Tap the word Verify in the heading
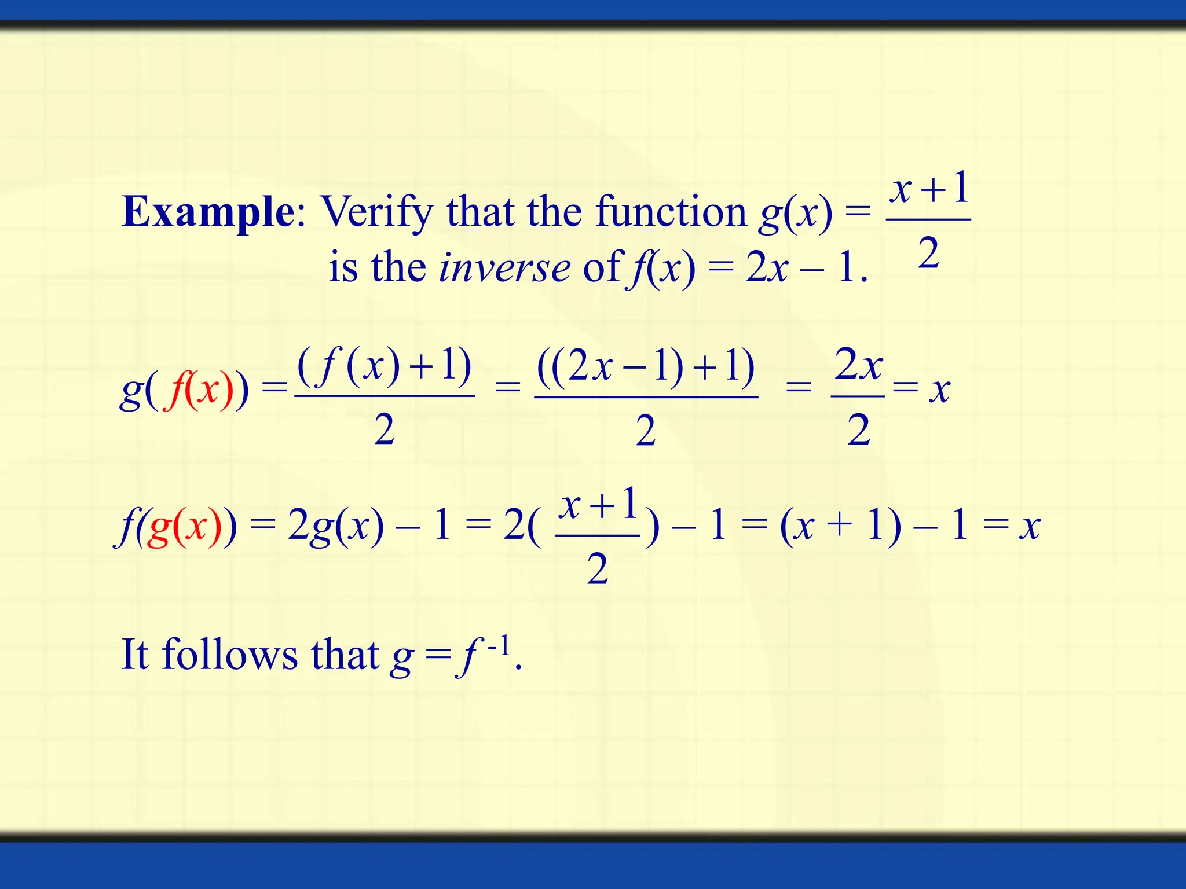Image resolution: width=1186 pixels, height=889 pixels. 377,212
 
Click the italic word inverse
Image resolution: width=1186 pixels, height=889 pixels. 504,268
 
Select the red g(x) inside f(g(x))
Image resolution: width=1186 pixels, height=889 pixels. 184,526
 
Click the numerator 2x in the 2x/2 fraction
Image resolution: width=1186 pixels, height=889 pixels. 858,365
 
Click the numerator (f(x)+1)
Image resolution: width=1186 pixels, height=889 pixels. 385,366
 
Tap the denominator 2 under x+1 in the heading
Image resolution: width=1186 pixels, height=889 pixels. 928,254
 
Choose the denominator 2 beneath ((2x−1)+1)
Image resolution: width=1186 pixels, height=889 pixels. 645,431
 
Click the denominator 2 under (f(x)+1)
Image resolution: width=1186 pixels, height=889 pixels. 384,429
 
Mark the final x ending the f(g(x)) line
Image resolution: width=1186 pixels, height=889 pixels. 1030,526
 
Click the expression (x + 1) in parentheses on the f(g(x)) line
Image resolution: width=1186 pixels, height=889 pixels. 840,526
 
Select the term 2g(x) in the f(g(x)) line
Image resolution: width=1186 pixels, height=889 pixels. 335,526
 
